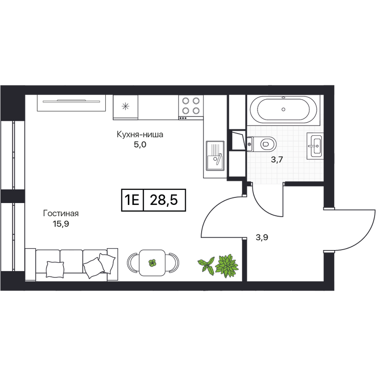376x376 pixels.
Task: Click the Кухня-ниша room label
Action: (x=140, y=134)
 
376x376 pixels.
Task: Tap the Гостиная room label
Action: (x=61, y=213)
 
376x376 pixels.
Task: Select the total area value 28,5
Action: (x=164, y=200)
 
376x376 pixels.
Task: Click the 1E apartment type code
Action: (x=133, y=200)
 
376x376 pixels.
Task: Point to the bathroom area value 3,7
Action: (x=277, y=160)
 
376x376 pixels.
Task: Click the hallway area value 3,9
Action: (x=262, y=238)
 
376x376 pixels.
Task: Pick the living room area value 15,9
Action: (x=61, y=224)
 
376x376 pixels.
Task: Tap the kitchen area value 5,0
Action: (x=140, y=145)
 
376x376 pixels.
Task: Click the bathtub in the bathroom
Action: (x=284, y=110)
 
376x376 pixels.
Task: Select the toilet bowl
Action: (x=261, y=144)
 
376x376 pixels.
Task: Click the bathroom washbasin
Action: (x=314, y=146)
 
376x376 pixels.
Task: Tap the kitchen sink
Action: (x=215, y=156)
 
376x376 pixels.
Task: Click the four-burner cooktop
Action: (x=191, y=107)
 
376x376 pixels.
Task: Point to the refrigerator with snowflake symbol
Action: (x=125, y=107)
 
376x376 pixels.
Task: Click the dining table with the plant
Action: (x=152, y=263)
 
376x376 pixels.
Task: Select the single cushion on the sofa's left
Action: (x=55, y=269)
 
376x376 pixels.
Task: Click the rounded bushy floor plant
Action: (x=227, y=266)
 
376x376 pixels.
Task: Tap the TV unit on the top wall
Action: (x=71, y=103)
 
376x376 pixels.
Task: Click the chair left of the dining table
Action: (x=133, y=263)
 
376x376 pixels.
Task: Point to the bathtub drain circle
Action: (x=284, y=110)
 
